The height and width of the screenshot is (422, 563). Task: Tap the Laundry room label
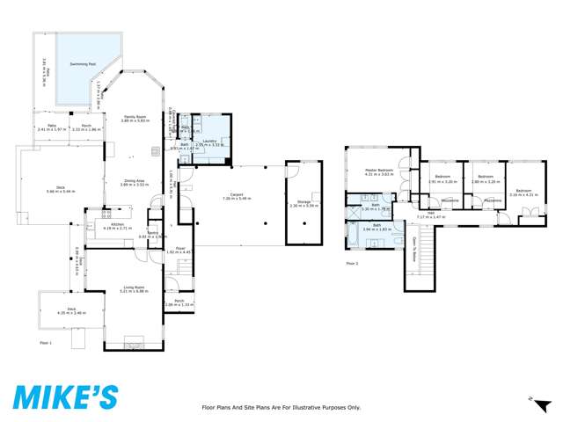[x=208, y=140]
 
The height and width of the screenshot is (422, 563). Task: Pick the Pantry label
[x=152, y=233]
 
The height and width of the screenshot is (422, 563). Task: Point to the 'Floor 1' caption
[x=46, y=342]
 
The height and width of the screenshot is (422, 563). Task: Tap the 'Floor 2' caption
[x=352, y=263]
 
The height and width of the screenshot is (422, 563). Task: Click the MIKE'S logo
[x=64, y=397]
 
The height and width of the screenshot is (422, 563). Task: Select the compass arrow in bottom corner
[x=533, y=398]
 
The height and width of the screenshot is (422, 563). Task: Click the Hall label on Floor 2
[x=432, y=211]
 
